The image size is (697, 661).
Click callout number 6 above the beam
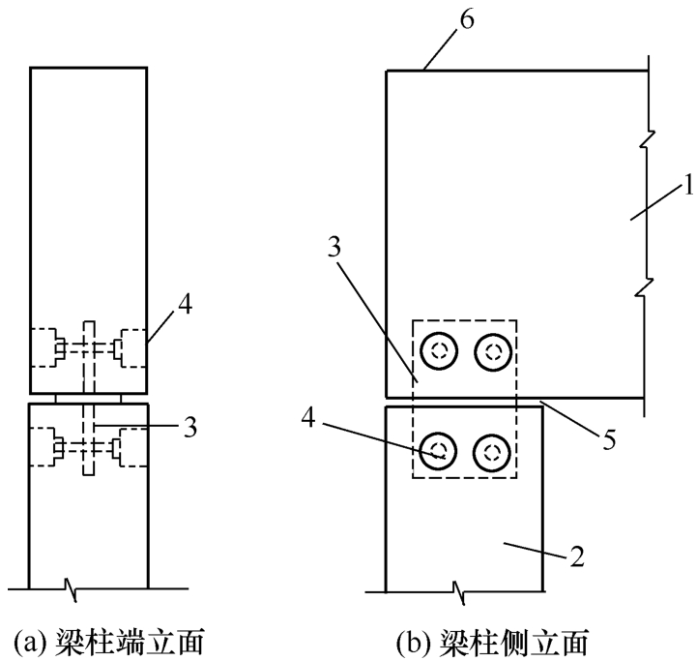click(x=467, y=20)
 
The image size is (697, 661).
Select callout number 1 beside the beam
click(x=688, y=185)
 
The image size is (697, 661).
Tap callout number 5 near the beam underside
click(x=609, y=439)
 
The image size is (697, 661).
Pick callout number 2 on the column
click(x=577, y=556)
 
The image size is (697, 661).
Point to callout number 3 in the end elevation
click(x=190, y=428)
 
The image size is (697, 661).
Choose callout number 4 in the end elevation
click(x=185, y=305)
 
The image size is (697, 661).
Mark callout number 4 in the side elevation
click(x=308, y=418)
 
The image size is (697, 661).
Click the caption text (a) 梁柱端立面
click(x=109, y=643)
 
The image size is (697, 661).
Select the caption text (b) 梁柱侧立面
click(x=492, y=643)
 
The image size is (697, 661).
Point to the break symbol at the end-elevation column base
click(x=72, y=589)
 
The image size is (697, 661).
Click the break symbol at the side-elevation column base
click(x=459, y=592)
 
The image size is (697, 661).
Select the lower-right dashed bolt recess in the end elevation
click(x=131, y=447)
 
